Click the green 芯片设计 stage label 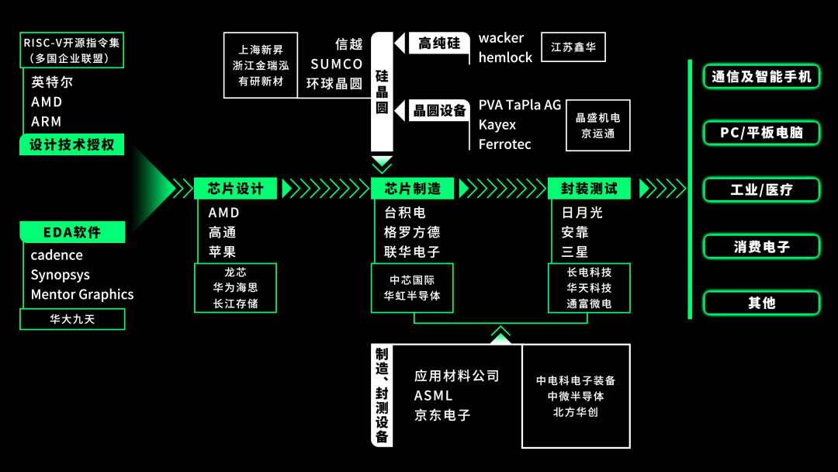[235, 189]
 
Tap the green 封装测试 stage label [589, 189]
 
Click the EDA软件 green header [72, 231]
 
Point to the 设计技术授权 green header [72, 144]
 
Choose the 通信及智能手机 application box [761, 76]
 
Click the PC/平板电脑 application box [761, 133]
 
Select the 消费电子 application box [761, 247]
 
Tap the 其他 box [761, 303]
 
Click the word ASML [433, 396]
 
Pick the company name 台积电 [405, 213]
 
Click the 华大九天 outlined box [72, 318]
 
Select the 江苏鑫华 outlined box [573, 47]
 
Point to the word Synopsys [61, 275]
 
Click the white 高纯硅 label [439, 43]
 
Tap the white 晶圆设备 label [439, 111]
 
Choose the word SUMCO [336, 64]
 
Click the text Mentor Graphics [82, 294]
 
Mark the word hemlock [505, 57]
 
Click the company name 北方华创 [576, 412]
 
